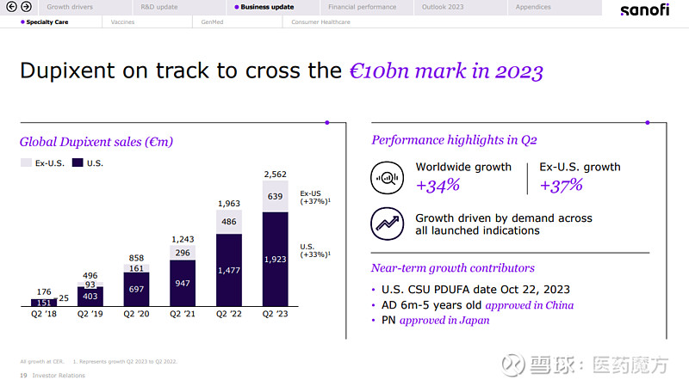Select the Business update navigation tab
(x=266, y=7)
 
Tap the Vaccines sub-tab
(x=122, y=22)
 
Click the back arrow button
(x=12, y=7)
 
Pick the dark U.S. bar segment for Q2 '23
(x=275, y=258)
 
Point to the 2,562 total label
(x=275, y=174)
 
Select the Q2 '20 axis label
(x=136, y=315)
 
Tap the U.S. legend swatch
(x=78, y=162)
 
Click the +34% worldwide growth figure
(x=438, y=185)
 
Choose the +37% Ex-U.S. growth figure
(x=561, y=185)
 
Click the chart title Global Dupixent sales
(x=102, y=142)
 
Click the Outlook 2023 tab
(x=443, y=7)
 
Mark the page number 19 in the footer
(x=22, y=376)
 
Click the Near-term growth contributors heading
(x=452, y=268)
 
